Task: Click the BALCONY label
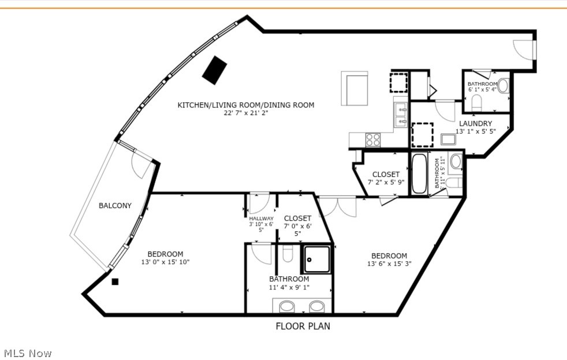[x=115, y=206]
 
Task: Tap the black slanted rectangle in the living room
[x=215, y=70]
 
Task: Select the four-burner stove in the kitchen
[x=373, y=139]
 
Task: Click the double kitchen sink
[x=400, y=114]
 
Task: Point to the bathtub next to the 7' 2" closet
[x=419, y=173]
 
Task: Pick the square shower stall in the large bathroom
[x=317, y=259]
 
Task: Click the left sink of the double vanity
[x=287, y=306]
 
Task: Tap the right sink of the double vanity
[x=317, y=306]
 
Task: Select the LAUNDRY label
[x=475, y=124]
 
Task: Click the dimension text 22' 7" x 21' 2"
[x=246, y=113]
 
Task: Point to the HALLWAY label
[x=261, y=218]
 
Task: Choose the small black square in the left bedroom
[x=115, y=282]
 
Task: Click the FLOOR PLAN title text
[x=303, y=326]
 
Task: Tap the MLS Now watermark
[x=28, y=353]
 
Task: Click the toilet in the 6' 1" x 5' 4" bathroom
[x=477, y=103]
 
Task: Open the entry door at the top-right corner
[x=524, y=49]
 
